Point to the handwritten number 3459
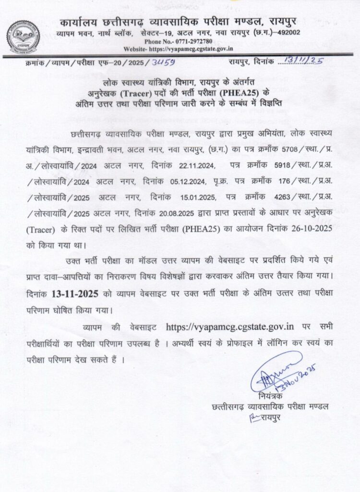click(x=163, y=62)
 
